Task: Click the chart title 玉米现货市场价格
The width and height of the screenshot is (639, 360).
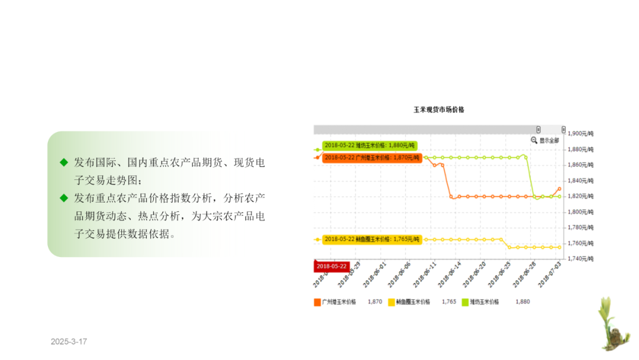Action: tap(438, 110)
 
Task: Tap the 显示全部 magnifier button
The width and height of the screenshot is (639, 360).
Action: tap(545, 140)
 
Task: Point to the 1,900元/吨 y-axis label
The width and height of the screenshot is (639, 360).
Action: tap(580, 134)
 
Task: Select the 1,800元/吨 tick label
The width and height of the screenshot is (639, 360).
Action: tap(580, 212)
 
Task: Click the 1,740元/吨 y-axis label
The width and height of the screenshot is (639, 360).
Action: tap(580, 259)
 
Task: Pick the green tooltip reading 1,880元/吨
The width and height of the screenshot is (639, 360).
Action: tap(370, 145)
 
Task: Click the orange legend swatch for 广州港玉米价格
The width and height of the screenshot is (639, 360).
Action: tap(317, 302)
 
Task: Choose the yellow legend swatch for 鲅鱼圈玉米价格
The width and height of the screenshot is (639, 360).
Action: tap(391, 302)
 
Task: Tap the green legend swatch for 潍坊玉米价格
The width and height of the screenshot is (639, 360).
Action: tap(465, 302)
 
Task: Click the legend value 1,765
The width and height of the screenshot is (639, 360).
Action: tap(449, 302)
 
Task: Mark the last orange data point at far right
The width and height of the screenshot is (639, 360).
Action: tap(559, 189)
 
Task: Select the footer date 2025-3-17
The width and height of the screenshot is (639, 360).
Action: tap(69, 342)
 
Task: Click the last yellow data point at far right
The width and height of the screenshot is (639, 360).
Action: tap(559, 247)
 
